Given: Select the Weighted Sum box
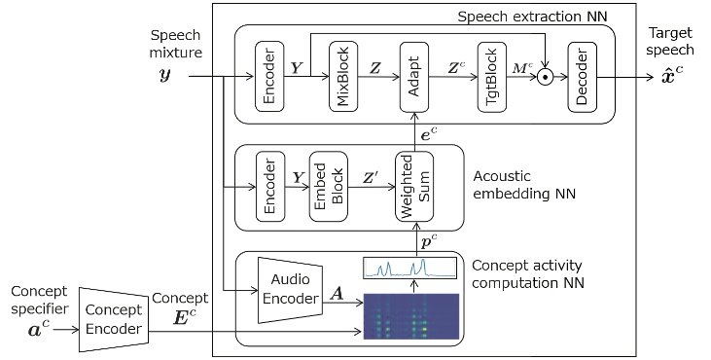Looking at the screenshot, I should pos(413,187).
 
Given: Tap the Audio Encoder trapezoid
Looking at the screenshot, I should pos(289,290).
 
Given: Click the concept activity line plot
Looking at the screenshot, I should pos(409,268).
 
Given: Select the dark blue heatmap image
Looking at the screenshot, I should pos(409,317).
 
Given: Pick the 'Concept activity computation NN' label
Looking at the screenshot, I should pos(530,274).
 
